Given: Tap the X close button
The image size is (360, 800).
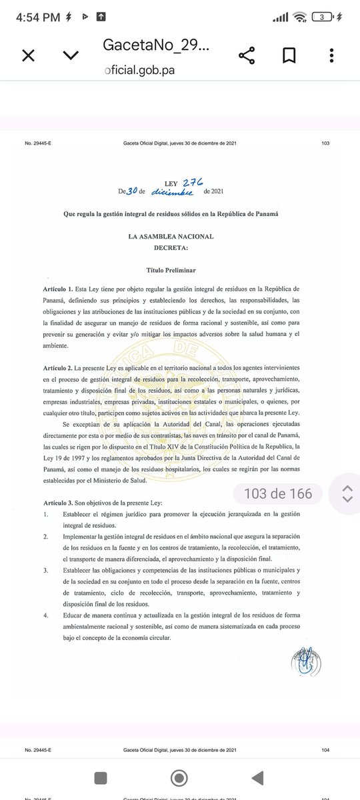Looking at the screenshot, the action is [x=28, y=56].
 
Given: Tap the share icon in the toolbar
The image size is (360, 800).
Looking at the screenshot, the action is [x=247, y=56].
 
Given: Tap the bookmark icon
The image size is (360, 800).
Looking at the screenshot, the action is [x=289, y=56].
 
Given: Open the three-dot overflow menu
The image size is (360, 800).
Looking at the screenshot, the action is [x=331, y=56].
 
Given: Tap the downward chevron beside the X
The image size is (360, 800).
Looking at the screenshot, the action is [x=70, y=56].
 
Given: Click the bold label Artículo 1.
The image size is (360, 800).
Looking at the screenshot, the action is [x=57, y=289].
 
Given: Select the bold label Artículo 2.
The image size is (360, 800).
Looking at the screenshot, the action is [x=57, y=369].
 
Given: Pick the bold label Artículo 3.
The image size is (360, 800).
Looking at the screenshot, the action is [x=57, y=501].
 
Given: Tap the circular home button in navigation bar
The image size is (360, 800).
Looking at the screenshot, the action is [x=179, y=777].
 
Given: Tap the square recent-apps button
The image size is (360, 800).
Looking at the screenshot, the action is [x=100, y=777].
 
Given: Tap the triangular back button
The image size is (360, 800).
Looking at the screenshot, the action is [x=257, y=777].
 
